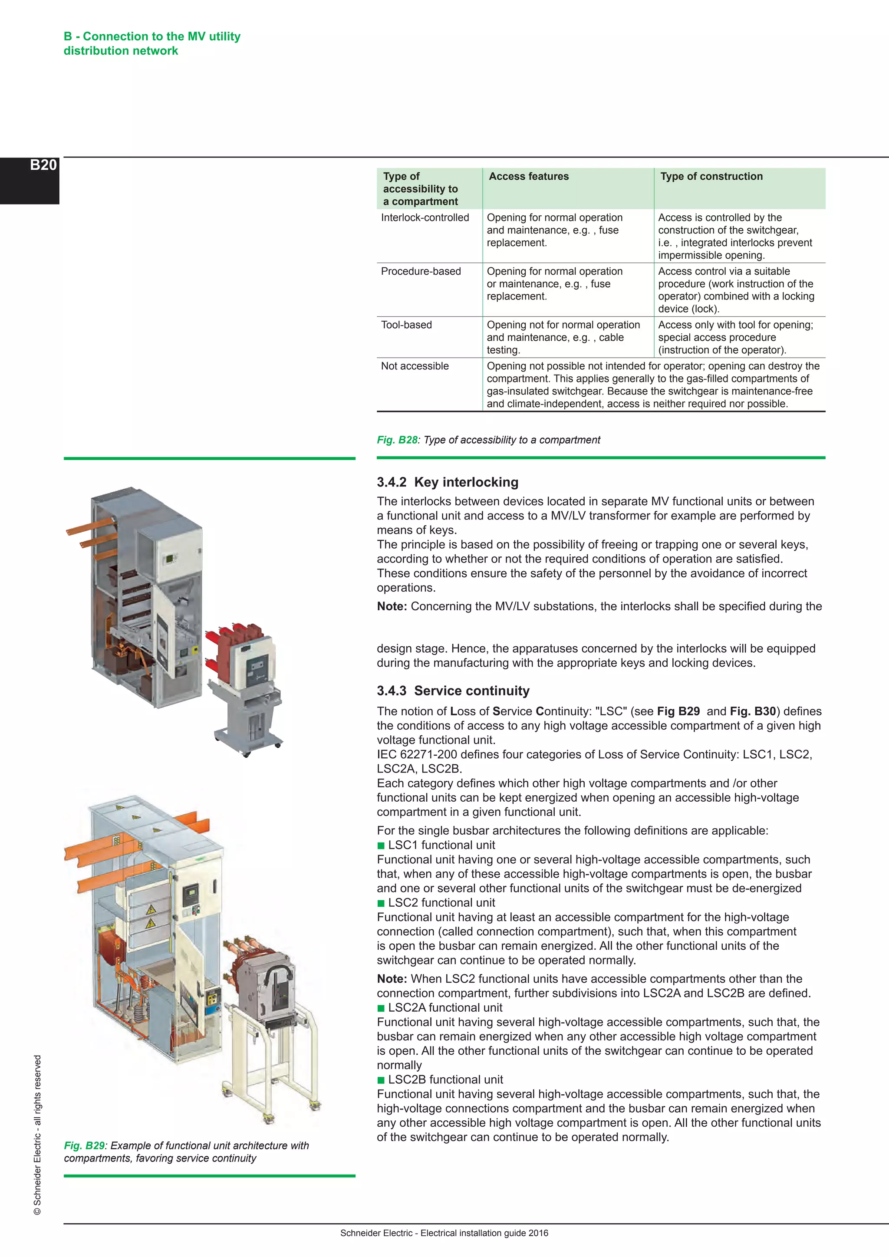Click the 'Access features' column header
[528, 176]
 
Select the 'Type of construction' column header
[711, 176]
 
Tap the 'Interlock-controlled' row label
[425, 217]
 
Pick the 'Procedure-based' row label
[421, 271]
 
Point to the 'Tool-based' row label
[406, 325]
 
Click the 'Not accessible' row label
[415, 366]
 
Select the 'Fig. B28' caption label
[397, 440]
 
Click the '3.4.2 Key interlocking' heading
[447, 482]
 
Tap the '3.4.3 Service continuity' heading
[453, 691]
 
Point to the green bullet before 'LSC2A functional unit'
[381, 1008]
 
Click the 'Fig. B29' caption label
[84, 1145]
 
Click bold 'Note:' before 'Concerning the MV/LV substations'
[392, 606]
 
